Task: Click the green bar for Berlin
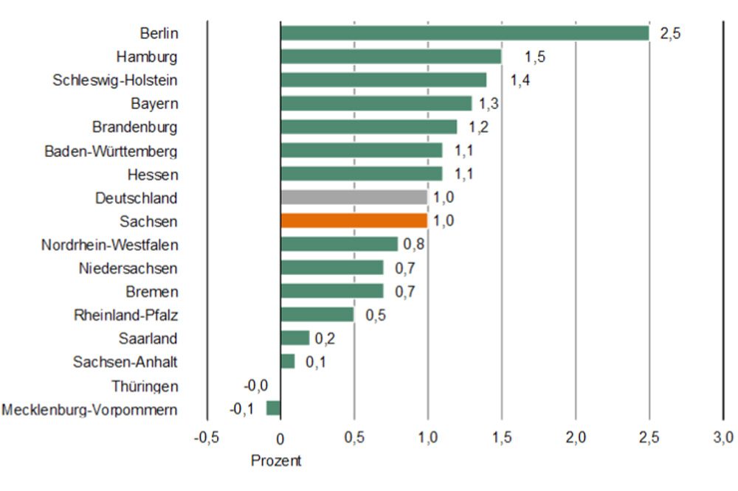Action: (464, 33)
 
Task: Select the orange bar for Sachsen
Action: (354, 221)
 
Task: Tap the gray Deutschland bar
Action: (354, 198)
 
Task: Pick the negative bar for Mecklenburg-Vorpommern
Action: (274, 408)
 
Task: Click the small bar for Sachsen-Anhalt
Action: (288, 362)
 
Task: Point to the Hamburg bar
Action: (390, 57)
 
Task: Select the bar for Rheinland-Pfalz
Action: (317, 315)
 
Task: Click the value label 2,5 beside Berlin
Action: (669, 34)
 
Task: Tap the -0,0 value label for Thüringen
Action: (255, 385)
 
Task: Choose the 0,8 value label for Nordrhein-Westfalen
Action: (413, 245)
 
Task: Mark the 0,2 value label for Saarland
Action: (325, 339)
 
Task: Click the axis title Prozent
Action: (276, 461)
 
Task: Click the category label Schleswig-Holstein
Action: (115, 80)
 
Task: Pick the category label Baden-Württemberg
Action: (111, 150)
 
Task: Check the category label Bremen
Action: (151, 291)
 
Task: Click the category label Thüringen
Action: (145, 386)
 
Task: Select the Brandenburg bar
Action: (368, 127)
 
